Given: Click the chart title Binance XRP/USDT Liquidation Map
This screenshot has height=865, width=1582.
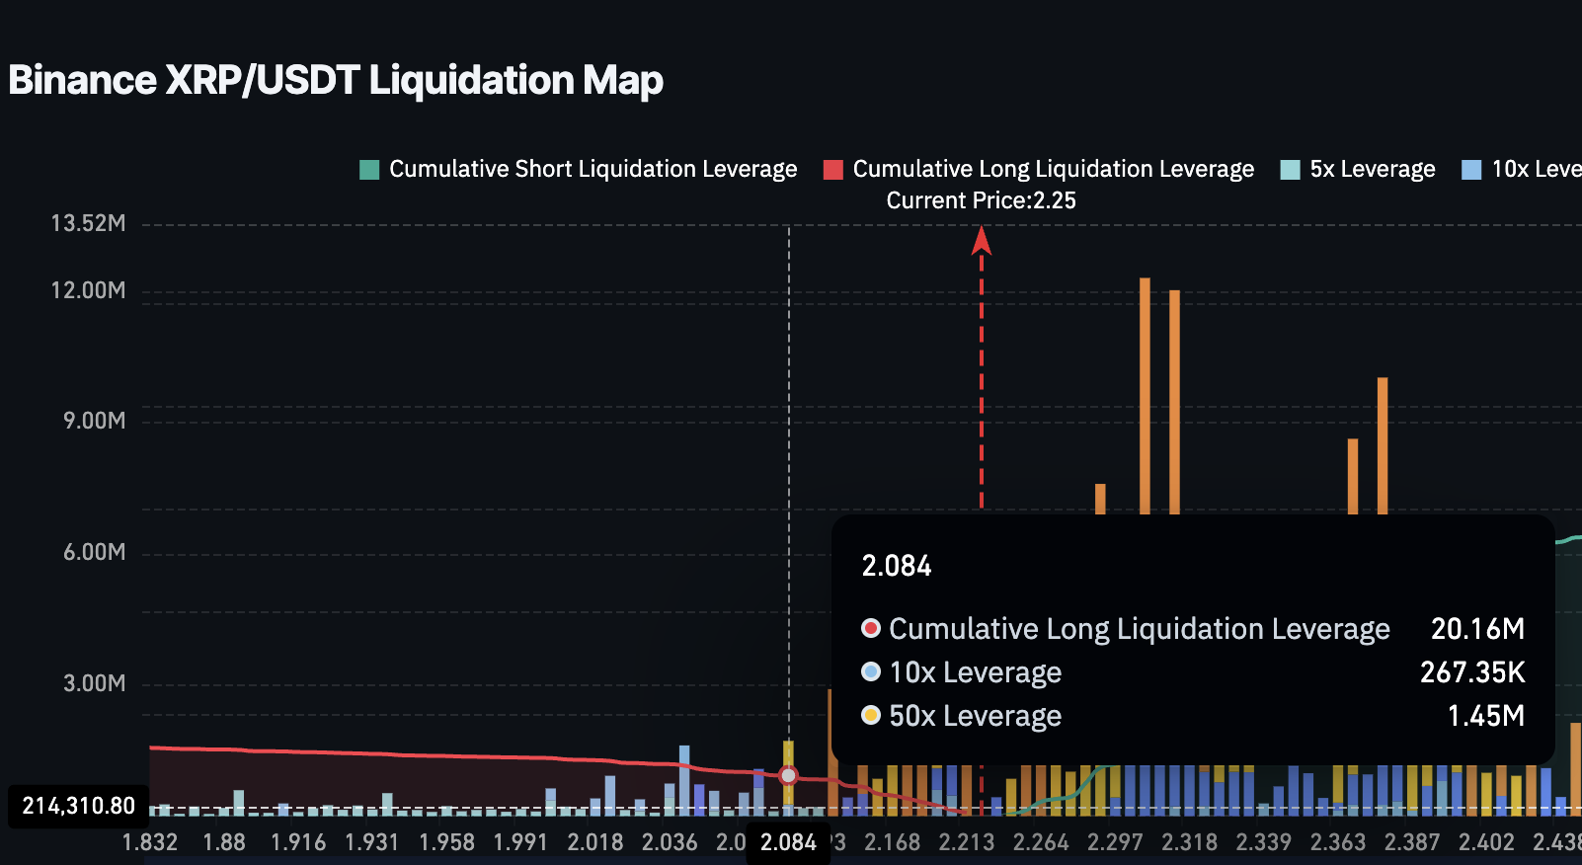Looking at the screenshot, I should point(336,80).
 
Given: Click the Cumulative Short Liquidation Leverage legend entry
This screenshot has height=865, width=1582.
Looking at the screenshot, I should point(579,169).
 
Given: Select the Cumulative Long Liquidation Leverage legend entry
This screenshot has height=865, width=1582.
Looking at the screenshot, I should point(1039,169).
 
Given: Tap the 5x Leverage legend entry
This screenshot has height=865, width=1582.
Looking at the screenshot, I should point(1358,169).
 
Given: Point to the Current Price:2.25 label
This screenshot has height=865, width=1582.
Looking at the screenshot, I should point(981,200).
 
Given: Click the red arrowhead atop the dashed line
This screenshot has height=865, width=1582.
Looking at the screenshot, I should point(981,240).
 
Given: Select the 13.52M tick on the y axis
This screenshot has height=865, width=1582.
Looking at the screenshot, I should point(89,223).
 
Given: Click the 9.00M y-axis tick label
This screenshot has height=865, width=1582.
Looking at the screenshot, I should point(95,421).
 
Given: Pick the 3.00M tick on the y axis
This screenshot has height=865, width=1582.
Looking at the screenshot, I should point(95,683).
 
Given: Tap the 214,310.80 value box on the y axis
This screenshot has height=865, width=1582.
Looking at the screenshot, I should point(79,806).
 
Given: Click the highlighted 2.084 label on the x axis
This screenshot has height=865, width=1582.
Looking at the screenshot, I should point(788,842).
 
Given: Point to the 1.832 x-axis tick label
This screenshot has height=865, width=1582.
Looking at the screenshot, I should point(150,842).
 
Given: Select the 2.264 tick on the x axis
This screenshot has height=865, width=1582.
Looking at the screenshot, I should point(1041,842).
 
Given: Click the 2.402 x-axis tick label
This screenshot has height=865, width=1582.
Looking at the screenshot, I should point(1486,842).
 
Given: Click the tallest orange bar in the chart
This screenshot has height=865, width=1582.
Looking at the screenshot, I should point(1145,395).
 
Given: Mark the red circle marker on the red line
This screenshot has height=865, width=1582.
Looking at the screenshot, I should point(788,775).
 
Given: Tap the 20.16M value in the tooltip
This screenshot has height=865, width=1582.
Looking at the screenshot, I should point(1477,629).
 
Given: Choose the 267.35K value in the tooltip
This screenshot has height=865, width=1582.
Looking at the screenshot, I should point(1471,672).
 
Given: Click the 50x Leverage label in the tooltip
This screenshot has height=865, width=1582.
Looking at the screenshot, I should point(975,716).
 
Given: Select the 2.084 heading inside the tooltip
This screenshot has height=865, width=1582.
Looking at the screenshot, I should point(897,566).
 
